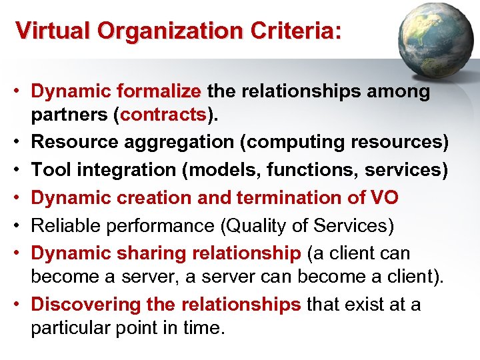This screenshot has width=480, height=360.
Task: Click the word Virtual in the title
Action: click(x=47, y=31)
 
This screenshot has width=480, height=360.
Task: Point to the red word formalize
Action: click(x=159, y=91)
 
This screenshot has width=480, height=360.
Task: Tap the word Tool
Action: click(x=48, y=170)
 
